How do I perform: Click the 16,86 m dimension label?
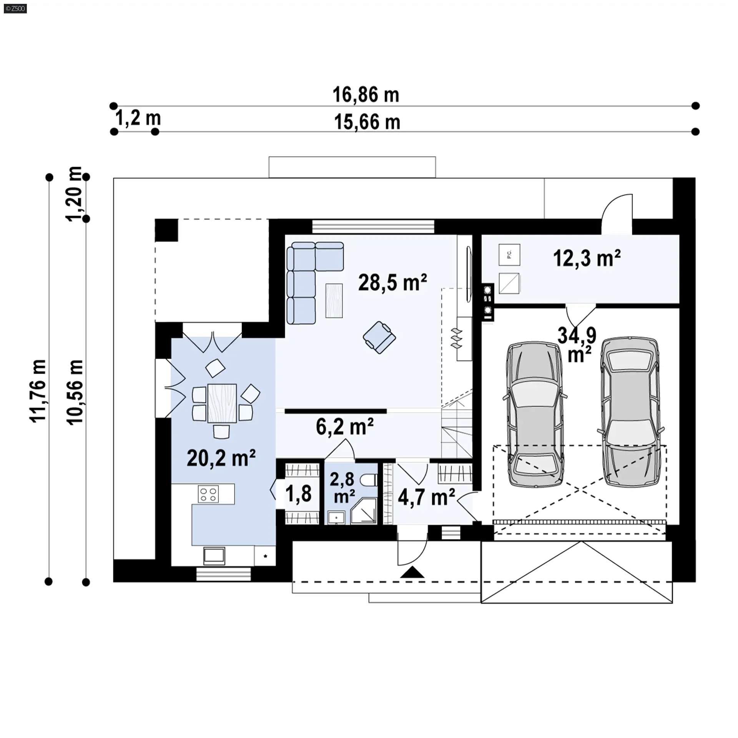pos(366,95)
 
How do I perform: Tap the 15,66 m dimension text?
pos(367,122)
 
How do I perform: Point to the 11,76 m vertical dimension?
pos(38,391)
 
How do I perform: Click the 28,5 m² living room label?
pos(392,283)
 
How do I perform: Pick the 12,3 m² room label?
pos(587,258)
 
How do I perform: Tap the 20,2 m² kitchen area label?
pos(221,457)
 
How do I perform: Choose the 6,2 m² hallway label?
pos(344,427)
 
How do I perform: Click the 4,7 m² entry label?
pos(426,497)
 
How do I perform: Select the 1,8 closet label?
pos(298,494)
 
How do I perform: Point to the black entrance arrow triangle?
pos(412,572)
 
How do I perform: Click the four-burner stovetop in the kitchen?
pos(208,494)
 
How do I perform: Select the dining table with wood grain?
pos(222,403)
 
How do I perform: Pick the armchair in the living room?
pos(379,337)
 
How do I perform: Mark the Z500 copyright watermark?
pos(16,8)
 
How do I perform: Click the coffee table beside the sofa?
pos(334,300)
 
